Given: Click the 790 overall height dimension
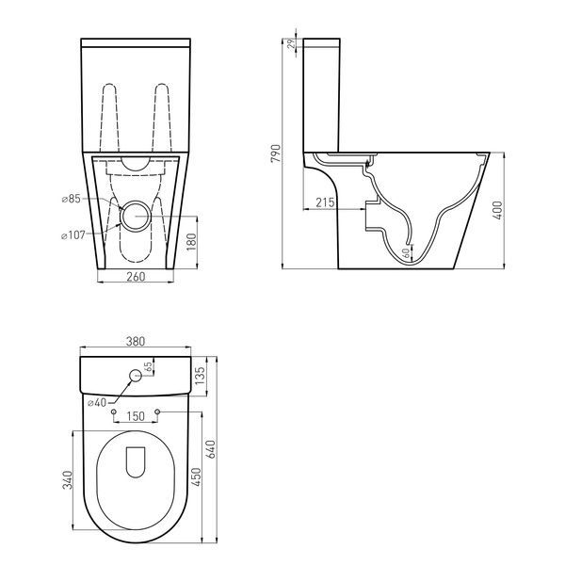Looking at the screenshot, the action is coord(276,153).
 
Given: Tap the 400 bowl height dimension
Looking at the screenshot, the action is coord(498,210).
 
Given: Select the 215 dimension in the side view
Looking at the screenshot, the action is coord(325,202).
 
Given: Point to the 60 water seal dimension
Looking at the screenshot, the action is coord(406,253).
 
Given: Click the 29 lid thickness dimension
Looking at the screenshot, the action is coord(293,43).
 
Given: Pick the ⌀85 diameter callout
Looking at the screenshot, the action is coord(71,199).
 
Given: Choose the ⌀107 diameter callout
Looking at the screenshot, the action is coord(73,235).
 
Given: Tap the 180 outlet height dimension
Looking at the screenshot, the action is coord(192,242).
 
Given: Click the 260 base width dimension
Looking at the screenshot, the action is coord(136,277).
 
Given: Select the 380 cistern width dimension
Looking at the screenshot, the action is coord(135,341).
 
